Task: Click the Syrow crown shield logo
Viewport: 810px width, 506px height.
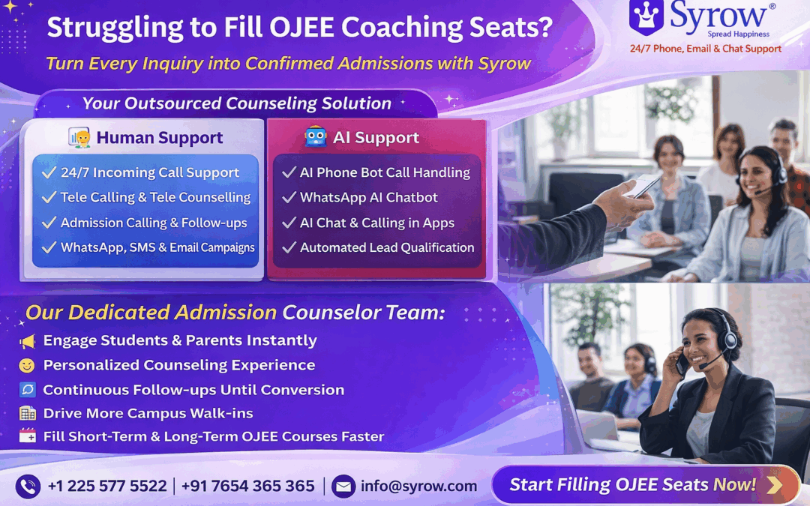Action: [x=646, y=17]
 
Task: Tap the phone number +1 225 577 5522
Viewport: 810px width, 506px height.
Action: [x=106, y=486]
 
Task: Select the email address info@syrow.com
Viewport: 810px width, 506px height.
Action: [x=418, y=486]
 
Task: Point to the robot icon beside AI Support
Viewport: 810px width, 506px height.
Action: [x=316, y=137]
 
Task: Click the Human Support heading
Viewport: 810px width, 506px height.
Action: [x=159, y=138]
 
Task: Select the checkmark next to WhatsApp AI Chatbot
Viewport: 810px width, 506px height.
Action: [x=289, y=198]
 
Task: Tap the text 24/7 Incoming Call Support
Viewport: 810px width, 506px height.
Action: [x=149, y=172]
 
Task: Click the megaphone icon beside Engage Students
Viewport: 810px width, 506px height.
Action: [x=28, y=341]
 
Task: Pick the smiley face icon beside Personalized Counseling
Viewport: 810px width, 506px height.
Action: [x=27, y=366]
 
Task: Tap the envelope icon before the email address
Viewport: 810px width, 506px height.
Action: [x=343, y=486]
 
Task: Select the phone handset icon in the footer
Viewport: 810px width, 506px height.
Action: [x=28, y=486]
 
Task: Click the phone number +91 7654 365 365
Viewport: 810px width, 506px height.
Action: [x=247, y=486]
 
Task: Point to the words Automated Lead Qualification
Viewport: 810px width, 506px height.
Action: [x=387, y=247]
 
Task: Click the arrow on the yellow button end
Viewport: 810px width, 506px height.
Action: [x=774, y=485]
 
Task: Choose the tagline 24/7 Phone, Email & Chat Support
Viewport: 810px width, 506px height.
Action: [x=705, y=49]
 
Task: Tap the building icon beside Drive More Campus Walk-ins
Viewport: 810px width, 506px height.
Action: [x=28, y=413]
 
